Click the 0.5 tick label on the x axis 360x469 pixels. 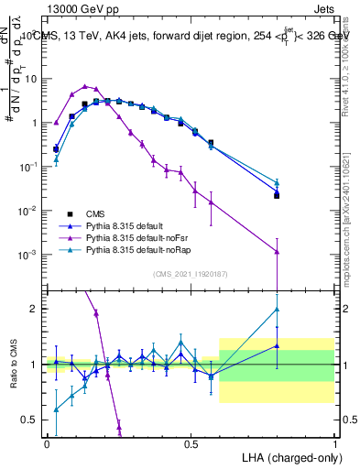tap(191, 442)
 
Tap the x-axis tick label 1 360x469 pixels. tap(334, 442)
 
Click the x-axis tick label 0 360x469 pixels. tap(47, 442)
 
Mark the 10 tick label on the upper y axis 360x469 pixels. tap(32, 79)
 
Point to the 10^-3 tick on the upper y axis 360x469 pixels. tap(30, 254)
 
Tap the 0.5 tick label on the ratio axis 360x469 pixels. tap(32, 420)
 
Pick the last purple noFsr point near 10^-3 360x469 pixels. tap(277, 251)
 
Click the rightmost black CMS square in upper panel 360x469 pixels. tap(277, 195)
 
